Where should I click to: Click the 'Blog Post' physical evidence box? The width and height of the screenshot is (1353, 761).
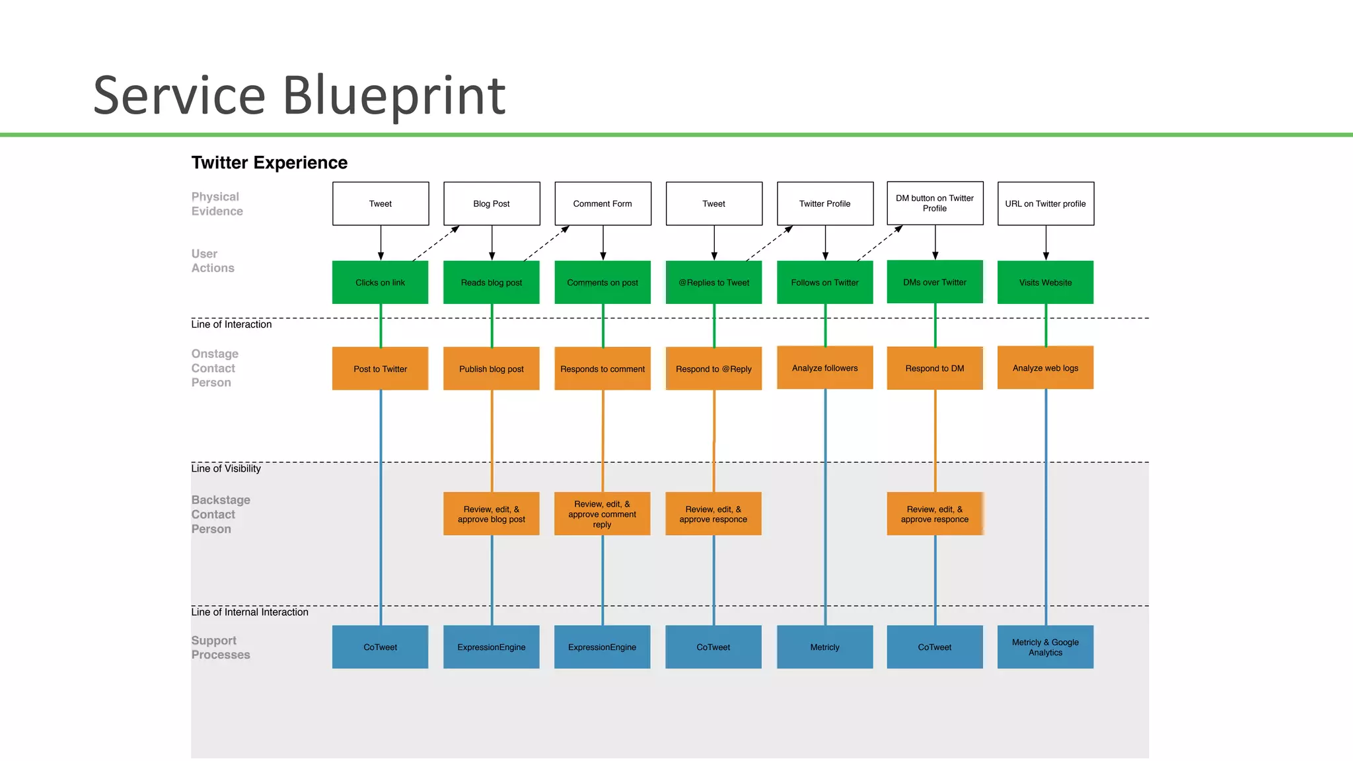[x=492, y=203]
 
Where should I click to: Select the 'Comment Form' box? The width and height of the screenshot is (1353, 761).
[x=603, y=203]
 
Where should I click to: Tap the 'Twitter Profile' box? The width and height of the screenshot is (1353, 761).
[x=824, y=203]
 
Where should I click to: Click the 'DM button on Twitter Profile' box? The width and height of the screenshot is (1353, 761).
[x=935, y=203]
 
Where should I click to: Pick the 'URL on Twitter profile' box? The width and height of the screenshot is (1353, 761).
[x=1045, y=203]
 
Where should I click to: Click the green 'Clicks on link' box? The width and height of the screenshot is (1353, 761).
[x=380, y=282]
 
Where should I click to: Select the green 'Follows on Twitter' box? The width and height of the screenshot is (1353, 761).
[x=824, y=282]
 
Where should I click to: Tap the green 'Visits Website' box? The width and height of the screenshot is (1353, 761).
[x=1045, y=282]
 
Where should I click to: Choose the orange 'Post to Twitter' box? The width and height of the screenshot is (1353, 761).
[x=380, y=369]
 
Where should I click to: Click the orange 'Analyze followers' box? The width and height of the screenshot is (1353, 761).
[x=824, y=368]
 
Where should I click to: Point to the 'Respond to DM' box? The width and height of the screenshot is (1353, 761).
[x=935, y=369]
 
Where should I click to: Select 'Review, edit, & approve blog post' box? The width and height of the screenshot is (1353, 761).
[x=492, y=514]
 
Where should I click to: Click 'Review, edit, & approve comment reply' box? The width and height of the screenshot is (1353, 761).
[x=602, y=514]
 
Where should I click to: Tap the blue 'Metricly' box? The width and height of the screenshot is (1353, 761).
[x=824, y=647]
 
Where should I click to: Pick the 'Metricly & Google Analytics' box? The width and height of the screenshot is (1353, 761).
[x=1045, y=647]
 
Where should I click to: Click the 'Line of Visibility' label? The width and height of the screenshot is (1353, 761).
[x=226, y=468]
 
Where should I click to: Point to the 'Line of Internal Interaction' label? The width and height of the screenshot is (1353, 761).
[x=250, y=612]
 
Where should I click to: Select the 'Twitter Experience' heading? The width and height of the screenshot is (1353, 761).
[x=269, y=163]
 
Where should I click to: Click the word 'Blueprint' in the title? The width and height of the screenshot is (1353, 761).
[x=394, y=96]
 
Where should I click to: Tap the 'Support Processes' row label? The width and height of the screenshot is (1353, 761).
[x=221, y=647]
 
